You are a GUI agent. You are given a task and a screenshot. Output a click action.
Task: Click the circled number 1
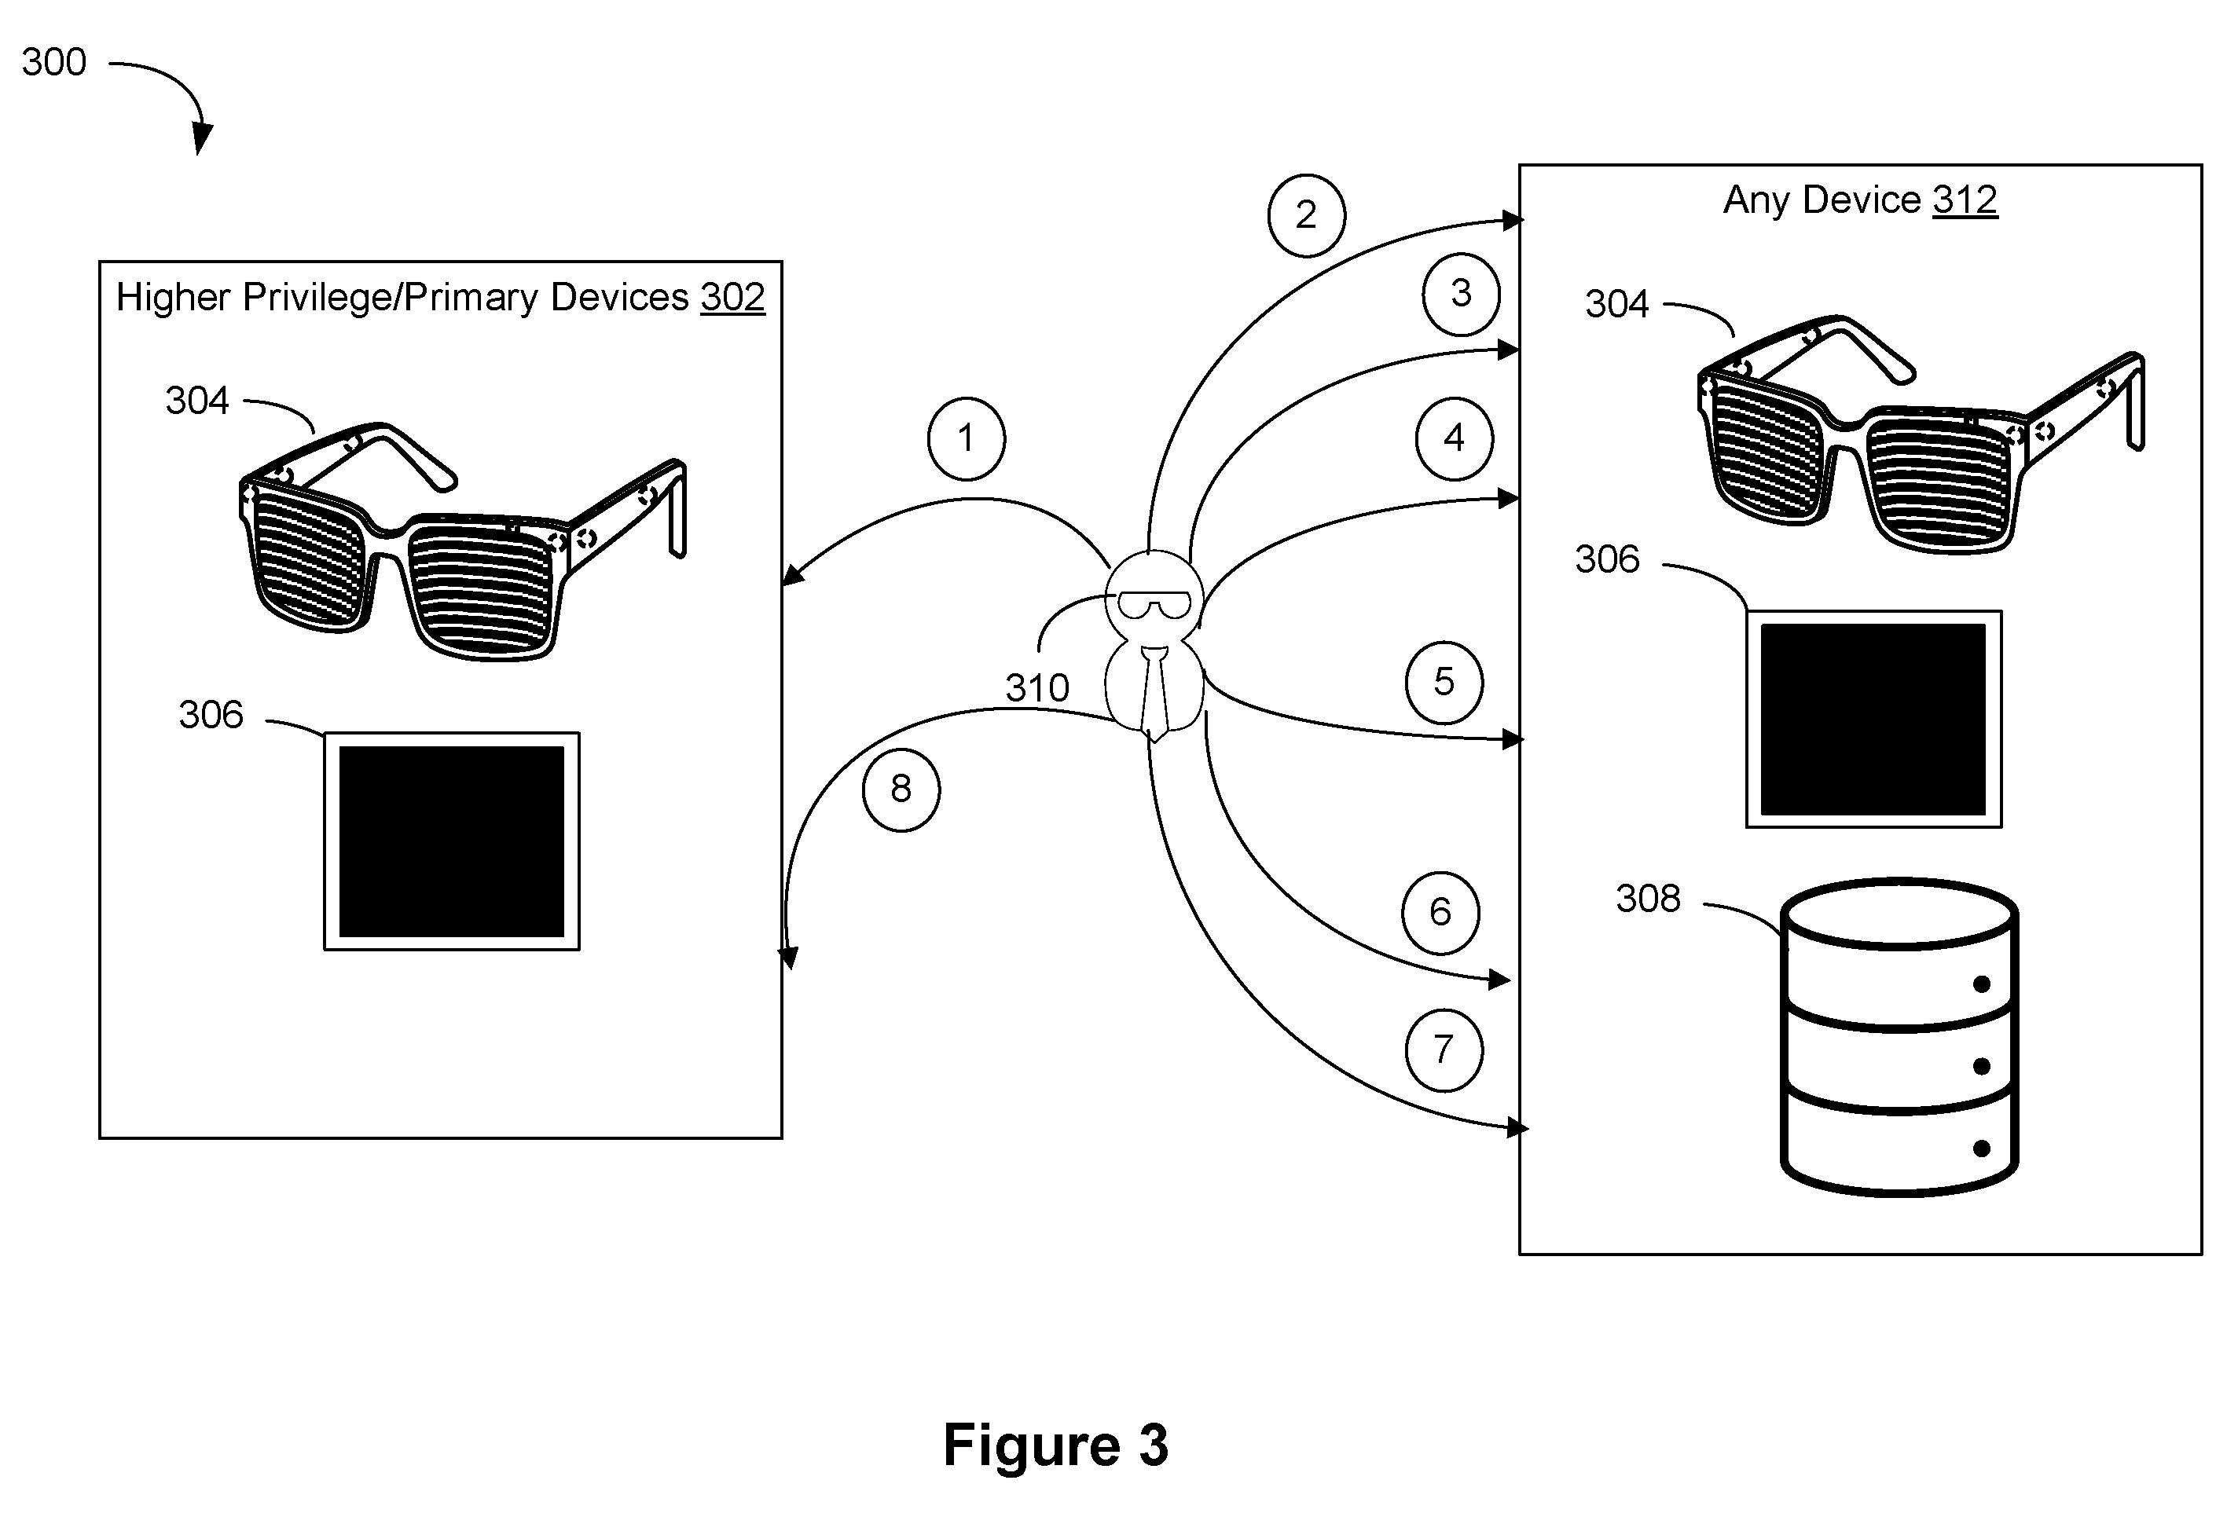pyautogui.click(x=966, y=438)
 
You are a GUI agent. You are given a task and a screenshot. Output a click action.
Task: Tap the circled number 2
pyautogui.click(x=1306, y=215)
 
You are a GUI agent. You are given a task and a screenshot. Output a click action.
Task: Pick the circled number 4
pyautogui.click(x=1455, y=438)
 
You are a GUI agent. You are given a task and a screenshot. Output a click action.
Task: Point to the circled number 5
pyautogui.click(x=1444, y=683)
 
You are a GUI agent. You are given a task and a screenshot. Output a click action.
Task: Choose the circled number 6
pyautogui.click(x=1440, y=912)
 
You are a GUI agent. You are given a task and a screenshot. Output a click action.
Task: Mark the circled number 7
pyautogui.click(x=1444, y=1050)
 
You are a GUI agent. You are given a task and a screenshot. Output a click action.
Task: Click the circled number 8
pyautogui.click(x=901, y=789)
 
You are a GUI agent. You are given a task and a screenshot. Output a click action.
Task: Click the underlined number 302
pyautogui.click(x=733, y=297)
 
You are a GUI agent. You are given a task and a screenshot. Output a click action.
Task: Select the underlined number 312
pyautogui.click(x=1965, y=200)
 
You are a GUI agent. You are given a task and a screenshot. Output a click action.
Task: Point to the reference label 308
pyautogui.click(x=1648, y=899)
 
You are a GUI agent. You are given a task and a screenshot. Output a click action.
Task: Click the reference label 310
pyautogui.click(x=1036, y=687)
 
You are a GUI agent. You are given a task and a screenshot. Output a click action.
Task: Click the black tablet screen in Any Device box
pyautogui.click(x=1873, y=720)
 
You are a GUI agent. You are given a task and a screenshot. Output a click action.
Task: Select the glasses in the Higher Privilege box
pyautogui.click(x=462, y=541)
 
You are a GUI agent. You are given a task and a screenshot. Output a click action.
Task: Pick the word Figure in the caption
pyautogui.click(x=1032, y=1445)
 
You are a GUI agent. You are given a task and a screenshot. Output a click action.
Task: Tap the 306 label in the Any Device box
pyautogui.click(x=1607, y=559)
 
